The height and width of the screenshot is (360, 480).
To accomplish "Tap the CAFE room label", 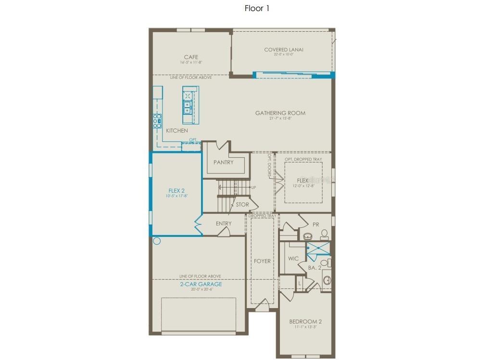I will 191,57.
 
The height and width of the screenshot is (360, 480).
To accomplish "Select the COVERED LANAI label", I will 284,50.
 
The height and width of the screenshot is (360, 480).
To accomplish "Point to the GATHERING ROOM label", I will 280,113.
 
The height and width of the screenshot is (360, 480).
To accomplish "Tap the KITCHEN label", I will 177,131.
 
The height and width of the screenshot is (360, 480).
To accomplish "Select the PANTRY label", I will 224,162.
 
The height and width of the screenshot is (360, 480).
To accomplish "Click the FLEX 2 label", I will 177,190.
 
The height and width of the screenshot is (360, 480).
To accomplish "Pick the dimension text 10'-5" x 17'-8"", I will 177,196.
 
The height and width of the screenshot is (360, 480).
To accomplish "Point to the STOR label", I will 242,204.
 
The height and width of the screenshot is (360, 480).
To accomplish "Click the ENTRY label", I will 224,223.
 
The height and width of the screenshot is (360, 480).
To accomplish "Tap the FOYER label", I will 263,261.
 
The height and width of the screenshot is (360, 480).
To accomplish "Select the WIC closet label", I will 293,259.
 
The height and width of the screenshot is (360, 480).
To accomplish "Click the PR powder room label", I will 316,224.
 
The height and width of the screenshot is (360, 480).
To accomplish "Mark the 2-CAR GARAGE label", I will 201,284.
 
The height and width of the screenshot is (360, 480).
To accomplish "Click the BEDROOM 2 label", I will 305,322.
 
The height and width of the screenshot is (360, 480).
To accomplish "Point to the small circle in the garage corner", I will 156,241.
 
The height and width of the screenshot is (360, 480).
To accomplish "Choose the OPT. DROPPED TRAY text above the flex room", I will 303,159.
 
